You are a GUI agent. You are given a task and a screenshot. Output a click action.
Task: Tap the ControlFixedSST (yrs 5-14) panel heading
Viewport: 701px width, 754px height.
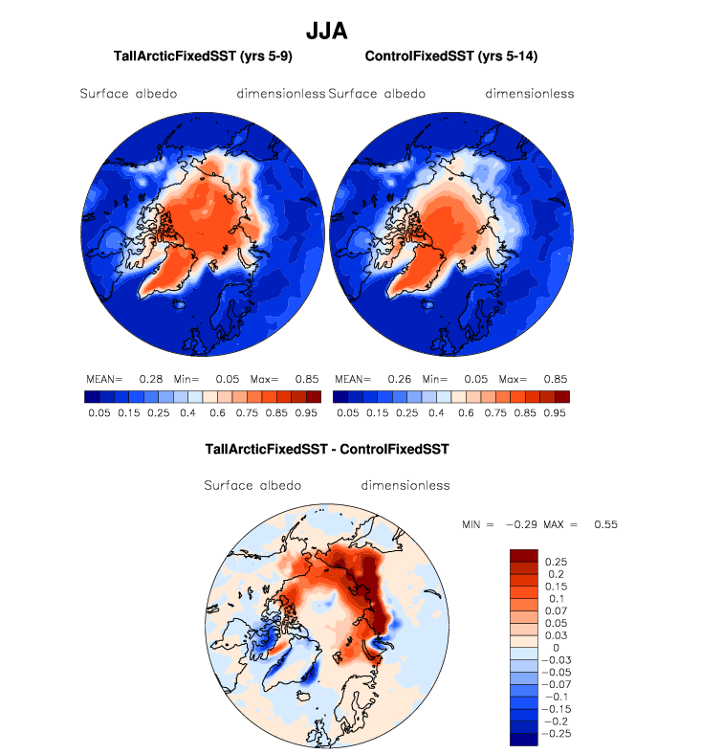point(451,56)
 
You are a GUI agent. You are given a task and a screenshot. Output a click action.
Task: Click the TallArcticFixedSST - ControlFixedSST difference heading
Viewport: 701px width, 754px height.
point(327,448)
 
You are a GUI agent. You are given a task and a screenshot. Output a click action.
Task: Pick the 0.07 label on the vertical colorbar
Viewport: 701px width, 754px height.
point(556,610)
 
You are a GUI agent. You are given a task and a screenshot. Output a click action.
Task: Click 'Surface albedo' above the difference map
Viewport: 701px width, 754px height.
point(252,485)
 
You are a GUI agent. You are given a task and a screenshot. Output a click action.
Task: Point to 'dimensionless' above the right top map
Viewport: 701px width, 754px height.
point(529,94)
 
